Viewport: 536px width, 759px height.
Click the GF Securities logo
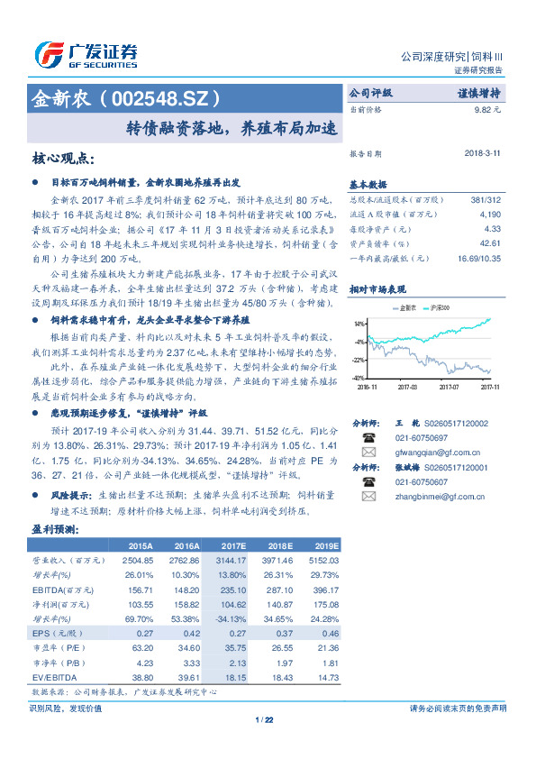pos(85,54)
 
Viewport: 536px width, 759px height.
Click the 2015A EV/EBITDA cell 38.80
pos(140,676)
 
